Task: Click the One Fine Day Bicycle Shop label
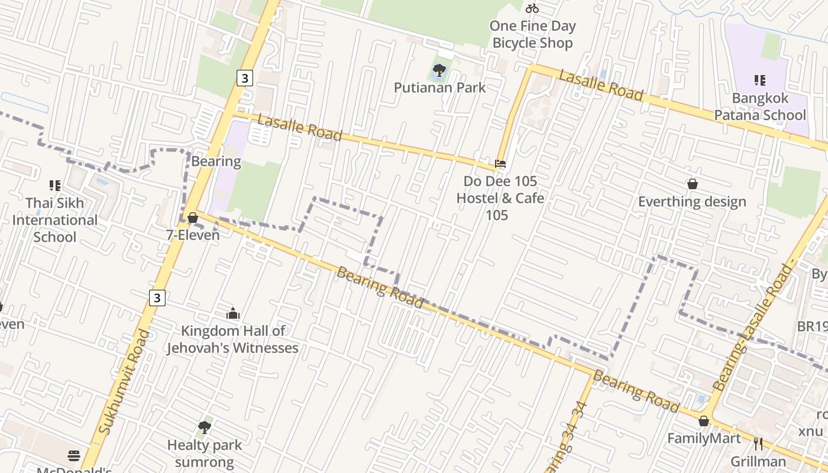[x=533, y=34]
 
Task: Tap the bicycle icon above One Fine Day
[x=532, y=8]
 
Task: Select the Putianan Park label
[x=439, y=88]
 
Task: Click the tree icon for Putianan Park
[x=439, y=70]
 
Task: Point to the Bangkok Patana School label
[x=760, y=106]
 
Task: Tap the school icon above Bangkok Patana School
[x=760, y=80]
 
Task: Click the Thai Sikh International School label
[x=55, y=220]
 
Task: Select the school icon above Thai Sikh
[x=55, y=186]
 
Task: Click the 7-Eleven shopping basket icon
[x=192, y=218]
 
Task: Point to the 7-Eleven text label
[x=193, y=235]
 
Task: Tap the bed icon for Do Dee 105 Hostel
[x=500, y=163]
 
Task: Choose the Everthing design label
[x=692, y=202]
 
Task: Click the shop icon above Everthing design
[x=692, y=184]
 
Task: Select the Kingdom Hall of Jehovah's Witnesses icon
[x=233, y=313]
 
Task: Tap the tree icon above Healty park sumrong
[x=205, y=426]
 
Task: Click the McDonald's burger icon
[x=74, y=455]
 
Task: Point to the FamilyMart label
[x=704, y=438]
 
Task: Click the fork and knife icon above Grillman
[x=758, y=443]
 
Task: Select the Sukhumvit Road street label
[x=124, y=381]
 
